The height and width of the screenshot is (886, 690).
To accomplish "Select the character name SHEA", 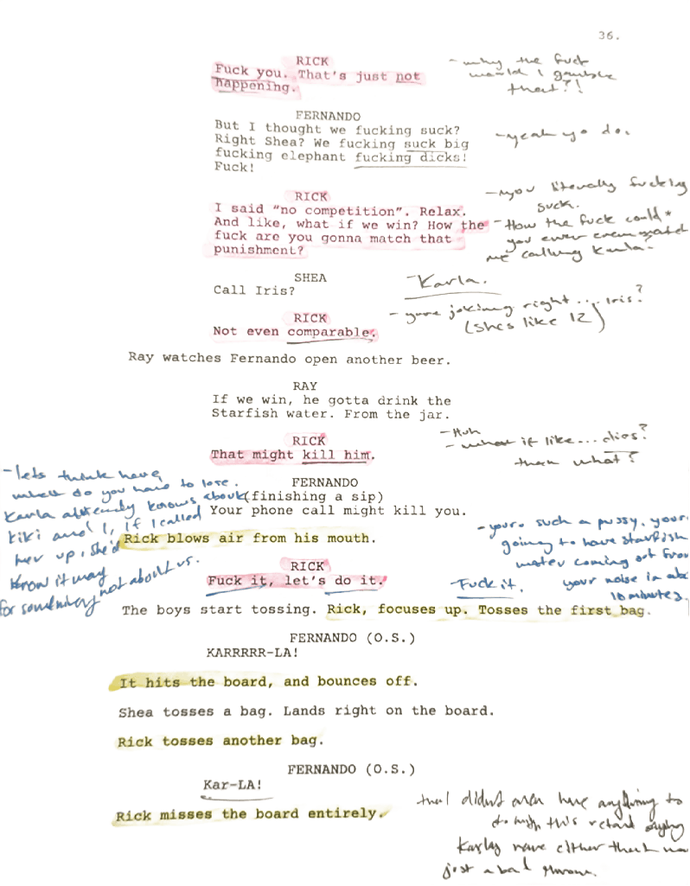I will click(x=311, y=277).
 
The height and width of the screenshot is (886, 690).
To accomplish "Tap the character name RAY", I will click(x=304, y=384).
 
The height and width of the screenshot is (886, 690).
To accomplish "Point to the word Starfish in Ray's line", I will click(x=242, y=414).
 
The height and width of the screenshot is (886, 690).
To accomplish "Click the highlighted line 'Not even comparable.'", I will click(x=294, y=332).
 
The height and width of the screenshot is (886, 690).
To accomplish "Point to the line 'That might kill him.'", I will click(x=291, y=455).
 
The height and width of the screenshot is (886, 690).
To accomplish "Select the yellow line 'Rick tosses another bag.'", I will click(x=220, y=742).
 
